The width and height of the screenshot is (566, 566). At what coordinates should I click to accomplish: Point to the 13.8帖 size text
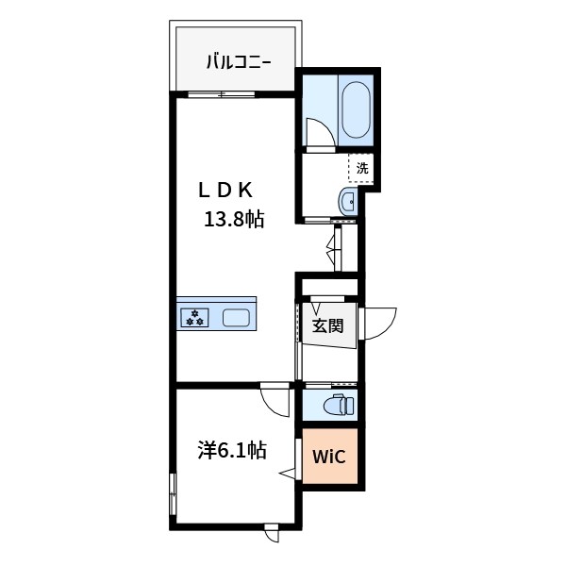click(x=236, y=220)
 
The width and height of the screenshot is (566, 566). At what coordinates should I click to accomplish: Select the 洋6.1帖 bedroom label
click(x=232, y=450)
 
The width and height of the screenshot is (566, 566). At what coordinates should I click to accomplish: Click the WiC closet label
click(x=330, y=457)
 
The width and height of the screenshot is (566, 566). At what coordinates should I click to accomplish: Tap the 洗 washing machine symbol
click(x=361, y=169)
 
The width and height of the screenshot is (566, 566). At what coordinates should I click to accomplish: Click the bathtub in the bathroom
click(x=356, y=110)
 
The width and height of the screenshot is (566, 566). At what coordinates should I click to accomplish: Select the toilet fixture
click(x=337, y=406)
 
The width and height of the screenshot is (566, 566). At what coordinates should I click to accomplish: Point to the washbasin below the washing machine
click(x=346, y=200)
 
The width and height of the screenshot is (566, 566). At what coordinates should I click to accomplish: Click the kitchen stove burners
click(x=196, y=317)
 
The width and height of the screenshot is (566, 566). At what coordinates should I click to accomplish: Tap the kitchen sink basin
click(x=237, y=318)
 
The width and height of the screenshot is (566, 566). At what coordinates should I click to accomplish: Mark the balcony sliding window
click(x=221, y=93)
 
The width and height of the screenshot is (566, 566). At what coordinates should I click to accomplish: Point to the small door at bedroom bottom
click(x=272, y=533)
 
